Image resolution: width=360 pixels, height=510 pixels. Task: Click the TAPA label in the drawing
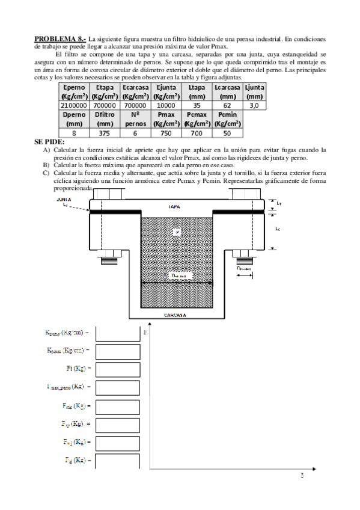pos(174,206)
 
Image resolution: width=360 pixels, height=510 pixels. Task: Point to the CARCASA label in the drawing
pos(175,314)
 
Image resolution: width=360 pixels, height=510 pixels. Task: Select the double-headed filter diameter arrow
pos(175,282)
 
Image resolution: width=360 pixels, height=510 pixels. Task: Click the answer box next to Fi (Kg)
pos(117,368)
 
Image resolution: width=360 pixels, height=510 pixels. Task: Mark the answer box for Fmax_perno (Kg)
pos(117,386)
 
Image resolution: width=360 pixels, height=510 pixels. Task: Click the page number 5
pos(302,475)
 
